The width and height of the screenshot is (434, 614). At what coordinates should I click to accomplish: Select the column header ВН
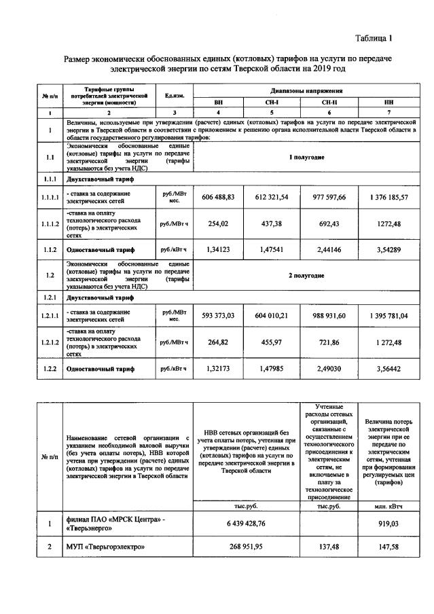pyautogui.click(x=218, y=101)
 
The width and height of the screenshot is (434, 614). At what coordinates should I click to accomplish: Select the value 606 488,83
pyautogui.click(x=218, y=196)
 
